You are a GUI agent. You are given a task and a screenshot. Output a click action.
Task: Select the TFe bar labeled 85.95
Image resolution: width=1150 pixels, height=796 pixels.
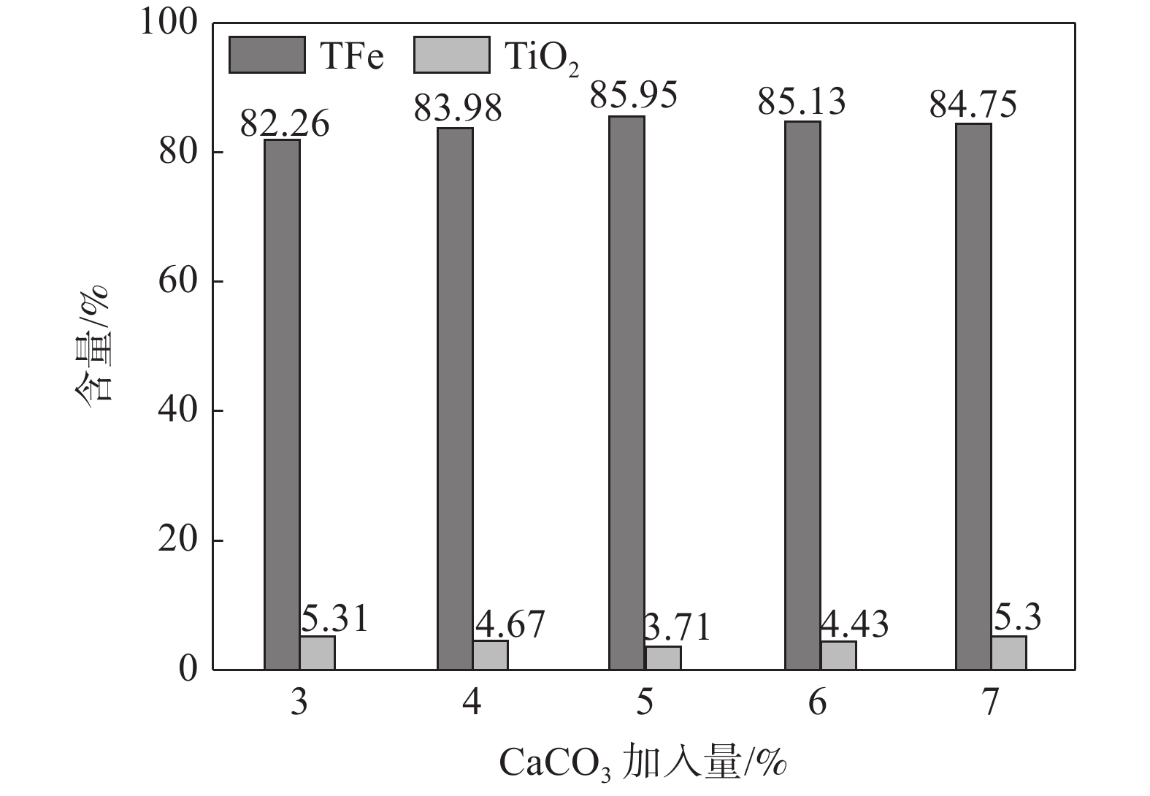(627, 392)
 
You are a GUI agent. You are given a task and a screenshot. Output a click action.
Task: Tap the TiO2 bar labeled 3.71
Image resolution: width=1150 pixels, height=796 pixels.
(663, 657)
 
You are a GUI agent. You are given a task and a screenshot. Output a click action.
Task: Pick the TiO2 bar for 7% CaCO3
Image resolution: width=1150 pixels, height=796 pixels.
(1008, 652)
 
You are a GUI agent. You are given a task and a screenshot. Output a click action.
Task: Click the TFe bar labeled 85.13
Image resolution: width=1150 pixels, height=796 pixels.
(802, 395)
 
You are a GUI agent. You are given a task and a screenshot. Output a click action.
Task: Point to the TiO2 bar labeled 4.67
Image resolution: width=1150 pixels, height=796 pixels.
(490, 654)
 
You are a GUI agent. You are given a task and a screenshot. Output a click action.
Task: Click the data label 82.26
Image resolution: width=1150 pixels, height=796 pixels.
(285, 123)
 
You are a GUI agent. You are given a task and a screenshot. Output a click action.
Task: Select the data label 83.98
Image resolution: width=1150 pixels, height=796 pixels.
(458, 109)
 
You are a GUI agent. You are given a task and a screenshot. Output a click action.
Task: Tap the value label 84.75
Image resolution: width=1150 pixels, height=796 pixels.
(973, 104)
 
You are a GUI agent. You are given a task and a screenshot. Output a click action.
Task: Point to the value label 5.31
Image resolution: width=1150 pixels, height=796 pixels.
(335, 619)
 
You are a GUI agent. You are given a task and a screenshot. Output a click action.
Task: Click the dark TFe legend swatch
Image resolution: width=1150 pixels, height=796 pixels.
(267, 56)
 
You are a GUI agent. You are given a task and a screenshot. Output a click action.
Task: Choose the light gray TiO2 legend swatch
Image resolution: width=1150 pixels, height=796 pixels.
(451, 56)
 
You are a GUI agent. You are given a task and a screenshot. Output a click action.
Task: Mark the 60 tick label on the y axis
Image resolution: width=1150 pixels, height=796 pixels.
(178, 281)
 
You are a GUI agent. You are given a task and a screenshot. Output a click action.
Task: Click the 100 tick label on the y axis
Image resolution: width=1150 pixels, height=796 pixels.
(169, 23)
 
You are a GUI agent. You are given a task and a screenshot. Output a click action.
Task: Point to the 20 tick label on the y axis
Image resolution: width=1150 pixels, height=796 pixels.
(178, 540)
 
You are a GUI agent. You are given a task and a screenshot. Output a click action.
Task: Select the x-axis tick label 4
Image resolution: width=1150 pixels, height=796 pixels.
(472, 703)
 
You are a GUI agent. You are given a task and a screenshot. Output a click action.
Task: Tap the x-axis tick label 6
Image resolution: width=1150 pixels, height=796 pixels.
(818, 703)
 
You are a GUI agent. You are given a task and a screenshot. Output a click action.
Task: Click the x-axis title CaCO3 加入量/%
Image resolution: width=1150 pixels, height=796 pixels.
(643, 763)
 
